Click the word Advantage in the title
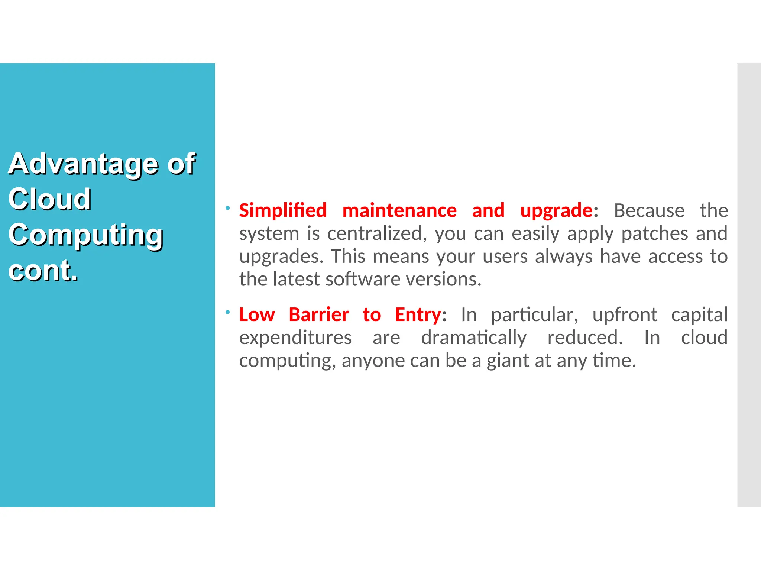(84, 164)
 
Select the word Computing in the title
(86, 235)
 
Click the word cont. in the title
(43, 270)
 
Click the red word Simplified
(283, 210)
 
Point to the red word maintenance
(399, 210)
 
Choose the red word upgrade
(556, 211)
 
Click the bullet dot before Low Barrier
(228, 312)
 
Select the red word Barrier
(319, 314)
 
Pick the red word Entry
(418, 315)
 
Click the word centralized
(375, 233)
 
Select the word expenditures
(295, 338)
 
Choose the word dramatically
(474, 338)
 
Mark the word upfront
(625, 315)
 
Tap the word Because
(649, 210)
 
